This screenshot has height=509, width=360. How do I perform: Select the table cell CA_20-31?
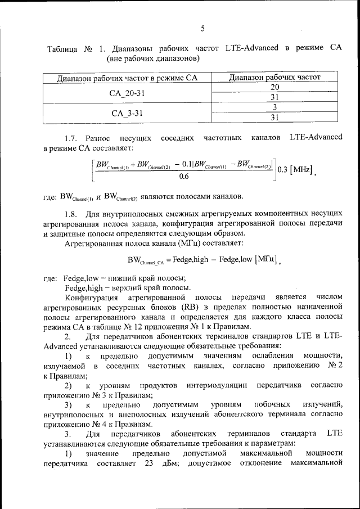point(128,92)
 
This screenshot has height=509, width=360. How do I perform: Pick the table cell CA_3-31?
point(128,112)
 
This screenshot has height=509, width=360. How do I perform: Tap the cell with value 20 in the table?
point(274,87)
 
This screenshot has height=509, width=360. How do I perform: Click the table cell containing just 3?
point(274,107)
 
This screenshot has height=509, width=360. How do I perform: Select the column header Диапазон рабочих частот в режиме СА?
point(128,78)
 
